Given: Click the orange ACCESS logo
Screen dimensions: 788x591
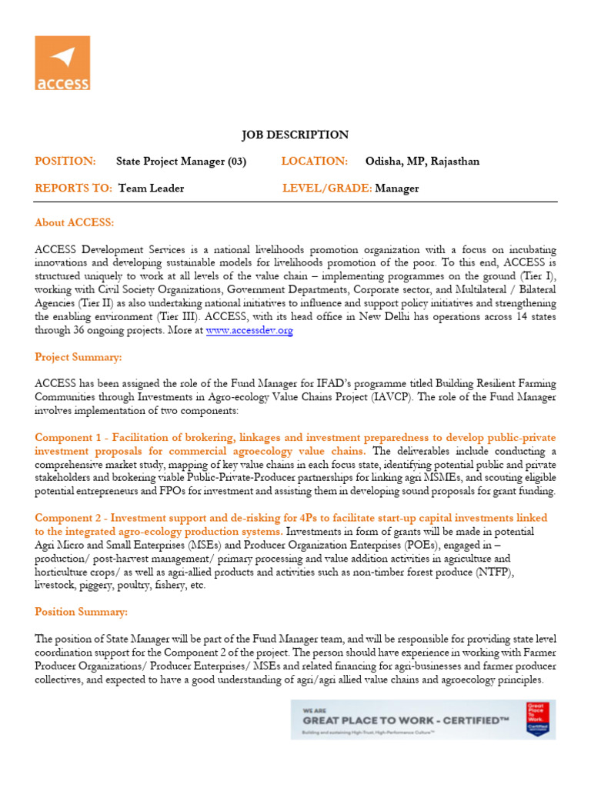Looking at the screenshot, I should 62,62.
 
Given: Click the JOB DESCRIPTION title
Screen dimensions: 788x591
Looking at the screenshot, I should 295,135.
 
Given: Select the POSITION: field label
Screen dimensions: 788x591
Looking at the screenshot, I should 65,161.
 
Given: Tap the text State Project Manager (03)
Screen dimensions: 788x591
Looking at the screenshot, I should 181,162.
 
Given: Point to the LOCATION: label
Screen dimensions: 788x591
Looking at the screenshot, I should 315,161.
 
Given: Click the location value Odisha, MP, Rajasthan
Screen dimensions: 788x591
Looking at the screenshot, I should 422,162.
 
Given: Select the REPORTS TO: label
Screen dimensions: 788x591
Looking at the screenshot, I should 73,189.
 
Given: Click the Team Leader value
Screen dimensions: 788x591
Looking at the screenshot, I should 152,189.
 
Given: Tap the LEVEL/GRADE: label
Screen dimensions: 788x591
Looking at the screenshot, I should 327,189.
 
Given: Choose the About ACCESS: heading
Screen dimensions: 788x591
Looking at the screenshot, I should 74,222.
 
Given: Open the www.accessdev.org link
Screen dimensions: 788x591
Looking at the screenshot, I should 249,330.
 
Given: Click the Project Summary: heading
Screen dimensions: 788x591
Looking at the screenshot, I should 78,357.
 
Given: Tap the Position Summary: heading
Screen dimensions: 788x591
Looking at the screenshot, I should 81,612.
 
